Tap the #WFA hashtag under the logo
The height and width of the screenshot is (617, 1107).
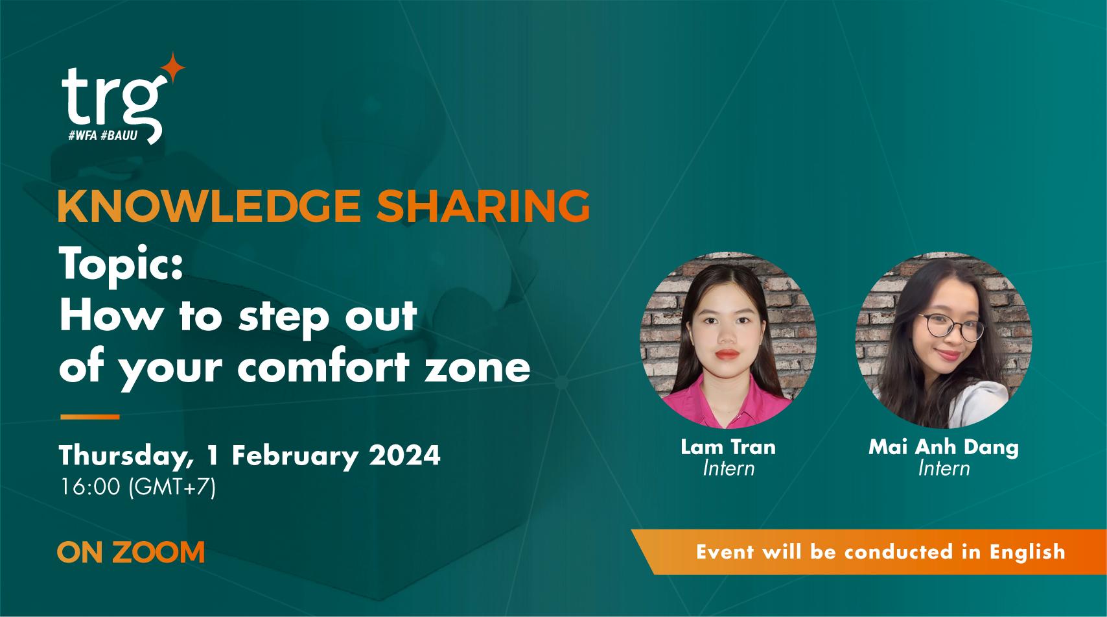coord(83,137)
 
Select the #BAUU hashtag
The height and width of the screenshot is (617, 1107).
coord(120,137)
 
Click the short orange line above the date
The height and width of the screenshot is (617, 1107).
coord(89,417)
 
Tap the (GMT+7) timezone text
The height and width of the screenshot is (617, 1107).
coord(172,487)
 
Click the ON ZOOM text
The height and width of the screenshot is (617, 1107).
coord(131,552)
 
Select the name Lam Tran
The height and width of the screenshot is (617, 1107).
coord(728,446)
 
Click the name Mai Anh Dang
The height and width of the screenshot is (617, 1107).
coord(943,447)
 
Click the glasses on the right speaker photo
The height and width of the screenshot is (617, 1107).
coord(953,326)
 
